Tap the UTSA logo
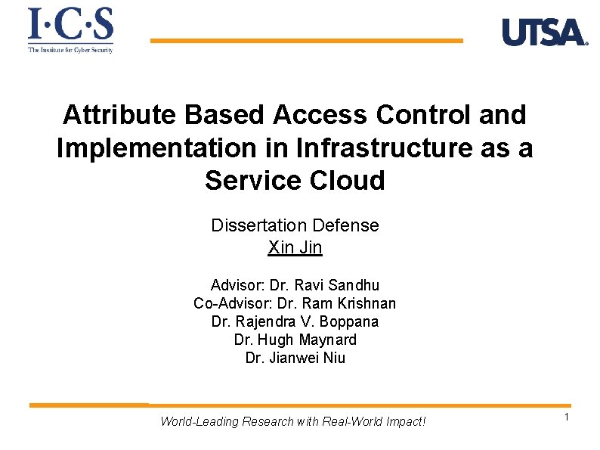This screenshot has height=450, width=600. coord(544,33)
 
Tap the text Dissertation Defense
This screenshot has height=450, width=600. coord(295,225)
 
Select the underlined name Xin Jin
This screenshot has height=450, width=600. coord(295,247)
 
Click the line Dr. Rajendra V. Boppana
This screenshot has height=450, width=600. coord(295,321)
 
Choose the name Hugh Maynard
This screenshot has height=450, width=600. coord(307,340)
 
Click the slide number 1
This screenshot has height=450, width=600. coord(564,418)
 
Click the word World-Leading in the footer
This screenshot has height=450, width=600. coord(199,421)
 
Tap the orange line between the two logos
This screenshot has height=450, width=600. coord(306,41)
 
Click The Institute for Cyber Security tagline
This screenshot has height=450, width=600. coord(70,50)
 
